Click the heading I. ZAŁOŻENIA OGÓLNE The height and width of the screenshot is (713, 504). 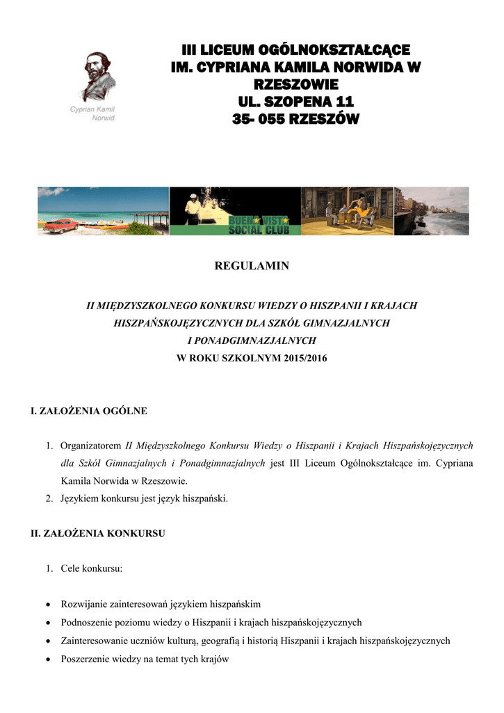[x=89, y=411]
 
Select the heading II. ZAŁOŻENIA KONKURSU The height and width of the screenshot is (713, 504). [x=97, y=533]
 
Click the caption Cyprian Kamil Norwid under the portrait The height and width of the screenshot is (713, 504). [x=93, y=113]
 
